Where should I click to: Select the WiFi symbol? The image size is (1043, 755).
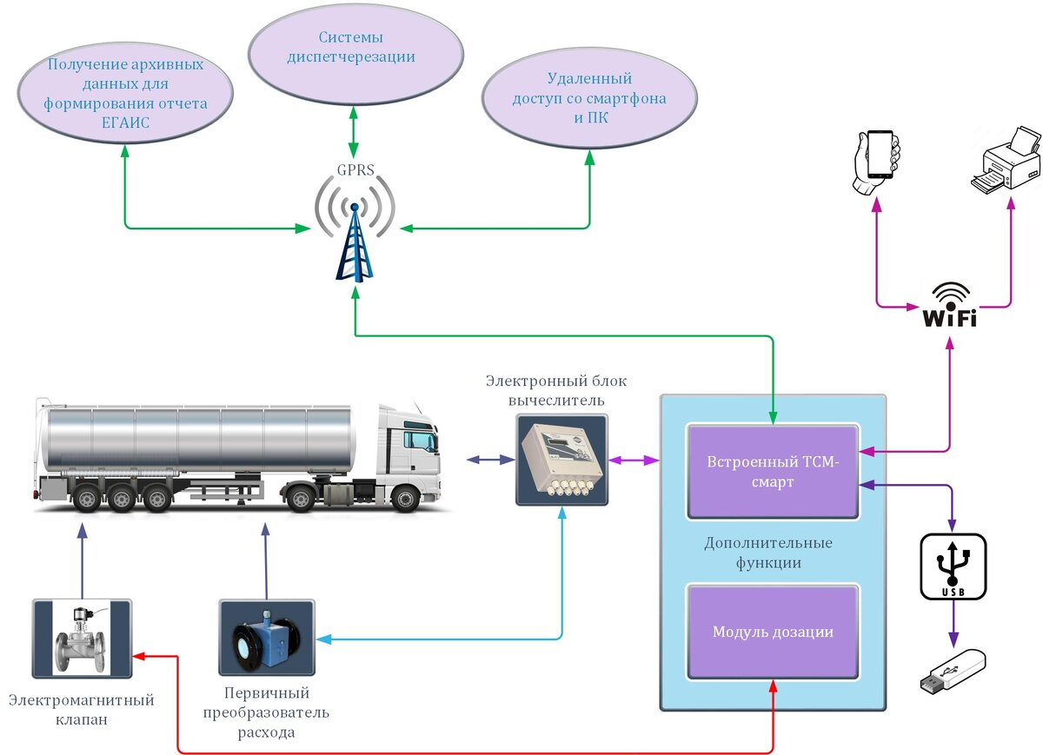(x=949, y=305)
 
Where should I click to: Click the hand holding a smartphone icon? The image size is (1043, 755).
(x=875, y=164)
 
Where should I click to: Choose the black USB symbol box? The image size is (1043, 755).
(x=953, y=566)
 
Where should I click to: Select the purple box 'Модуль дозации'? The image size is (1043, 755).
(x=773, y=632)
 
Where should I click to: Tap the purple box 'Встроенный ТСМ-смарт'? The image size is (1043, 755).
(x=773, y=472)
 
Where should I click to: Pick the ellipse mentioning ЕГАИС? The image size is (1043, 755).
(x=125, y=94)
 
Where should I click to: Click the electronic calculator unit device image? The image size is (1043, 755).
(x=561, y=460)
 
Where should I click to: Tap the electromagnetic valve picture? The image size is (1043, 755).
(x=82, y=638)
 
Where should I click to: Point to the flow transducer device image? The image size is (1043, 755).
(x=264, y=639)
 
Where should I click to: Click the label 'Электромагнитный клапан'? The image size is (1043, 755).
(x=82, y=710)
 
